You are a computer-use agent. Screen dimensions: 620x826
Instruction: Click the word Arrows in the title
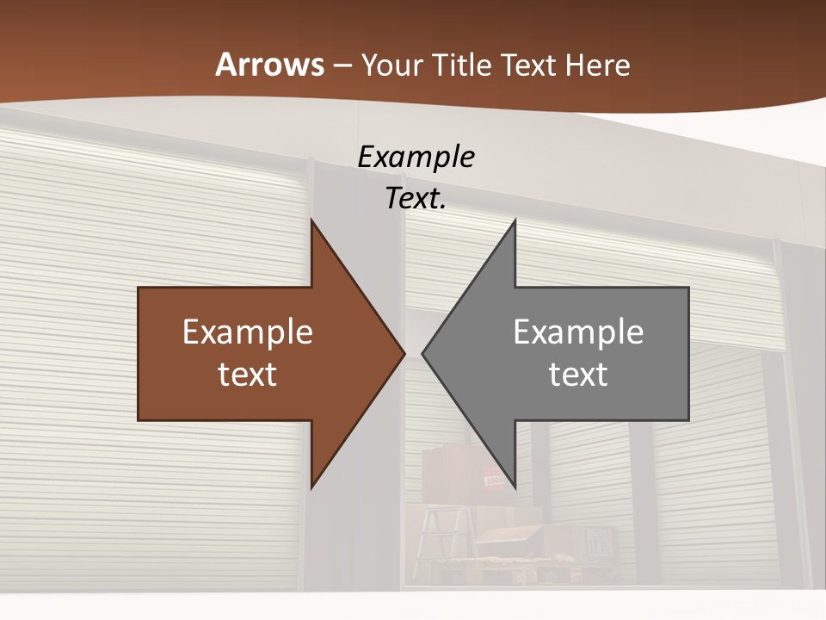(269, 65)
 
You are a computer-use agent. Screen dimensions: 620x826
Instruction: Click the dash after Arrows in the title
(342, 66)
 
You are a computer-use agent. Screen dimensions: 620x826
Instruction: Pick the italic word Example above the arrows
(416, 157)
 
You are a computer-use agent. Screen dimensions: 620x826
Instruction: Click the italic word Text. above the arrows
(416, 198)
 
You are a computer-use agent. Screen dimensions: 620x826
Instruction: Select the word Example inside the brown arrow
(248, 332)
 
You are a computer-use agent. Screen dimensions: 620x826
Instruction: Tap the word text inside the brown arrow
(248, 374)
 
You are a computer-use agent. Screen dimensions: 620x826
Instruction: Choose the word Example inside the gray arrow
(578, 332)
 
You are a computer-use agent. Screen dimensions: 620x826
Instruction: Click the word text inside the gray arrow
(578, 374)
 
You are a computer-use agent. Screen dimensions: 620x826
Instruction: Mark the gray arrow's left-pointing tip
(424, 353)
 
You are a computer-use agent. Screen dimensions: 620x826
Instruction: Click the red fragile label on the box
(494, 479)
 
